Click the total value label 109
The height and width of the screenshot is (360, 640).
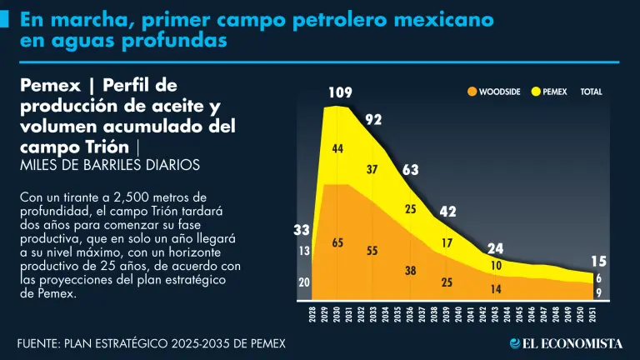pyautogui.click(x=338, y=92)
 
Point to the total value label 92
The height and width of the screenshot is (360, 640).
pyautogui.click(x=373, y=120)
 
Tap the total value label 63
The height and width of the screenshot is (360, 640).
pyautogui.click(x=410, y=170)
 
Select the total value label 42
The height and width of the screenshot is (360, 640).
pyautogui.click(x=447, y=212)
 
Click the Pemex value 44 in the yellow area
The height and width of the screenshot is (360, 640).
pyautogui.click(x=337, y=148)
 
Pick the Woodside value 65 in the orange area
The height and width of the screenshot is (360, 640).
pyautogui.click(x=337, y=242)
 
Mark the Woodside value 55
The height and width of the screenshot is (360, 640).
pyautogui.click(x=372, y=250)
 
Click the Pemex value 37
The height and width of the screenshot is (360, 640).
pyautogui.click(x=372, y=170)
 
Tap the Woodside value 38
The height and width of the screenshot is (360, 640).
pyautogui.click(x=411, y=270)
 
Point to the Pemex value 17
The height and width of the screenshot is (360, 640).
pyautogui.click(x=447, y=243)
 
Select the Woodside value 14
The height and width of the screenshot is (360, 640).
pyautogui.click(x=496, y=289)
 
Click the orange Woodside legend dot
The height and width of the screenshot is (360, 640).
pyautogui.click(x=472, y=92)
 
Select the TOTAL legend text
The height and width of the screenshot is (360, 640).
pyautogui.click(x=591, y=92)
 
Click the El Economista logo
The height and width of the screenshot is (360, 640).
pyautogui.click(x=567, y=343)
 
